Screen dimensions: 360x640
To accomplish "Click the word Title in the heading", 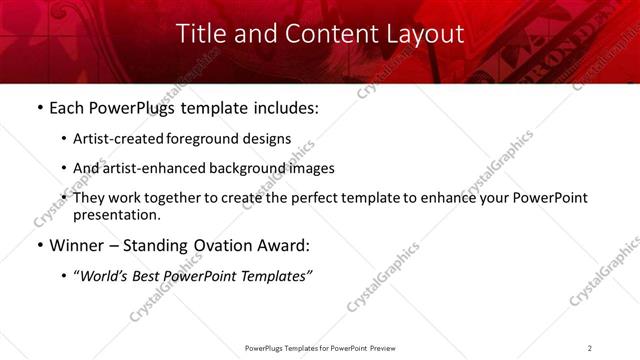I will coord(199,33).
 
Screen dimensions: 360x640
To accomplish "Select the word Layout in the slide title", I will coord(425,33).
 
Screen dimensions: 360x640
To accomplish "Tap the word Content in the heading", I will coord(321,33).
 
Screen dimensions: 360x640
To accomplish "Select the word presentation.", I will coord(116,214).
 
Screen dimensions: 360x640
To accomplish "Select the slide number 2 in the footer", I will coord(589,348).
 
